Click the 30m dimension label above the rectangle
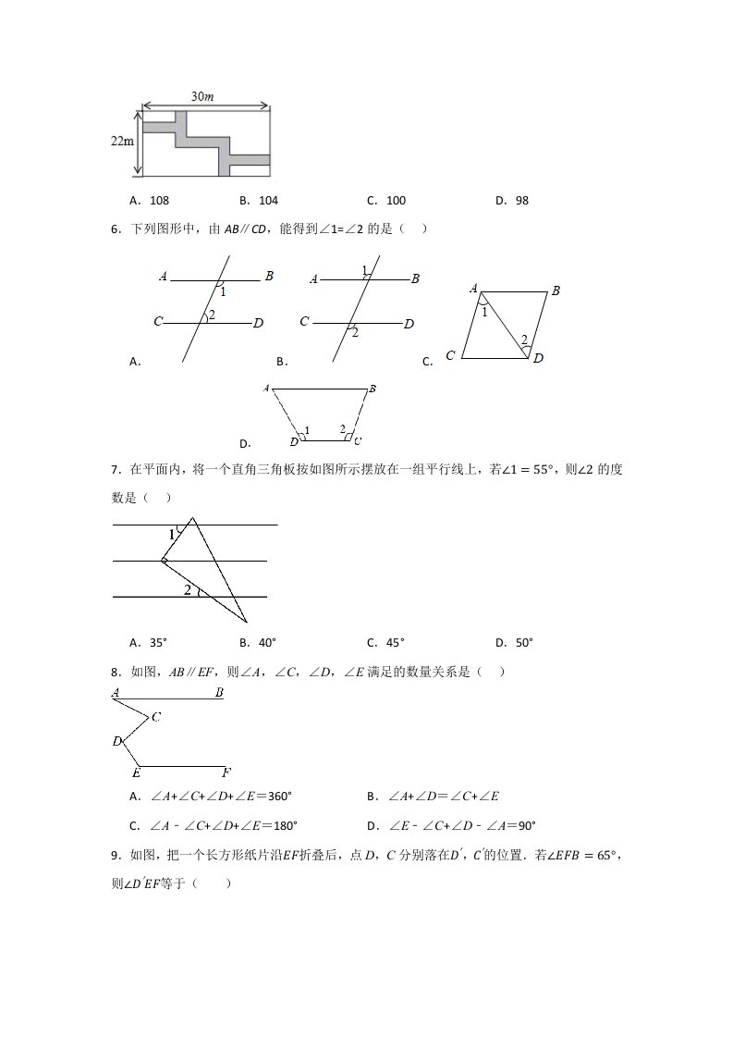click(204, 96)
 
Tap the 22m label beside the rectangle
click(122, 141)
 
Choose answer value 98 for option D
click(522, 200)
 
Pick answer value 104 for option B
click(268, 200)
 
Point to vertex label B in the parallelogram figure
click(556, 291)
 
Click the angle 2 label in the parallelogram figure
click(523, 340)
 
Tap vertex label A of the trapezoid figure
click(266, 389)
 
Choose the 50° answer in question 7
click(523, 642)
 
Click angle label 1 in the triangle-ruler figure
click(172, 535)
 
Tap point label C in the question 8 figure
click(156, 717)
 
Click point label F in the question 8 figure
click(226, 772)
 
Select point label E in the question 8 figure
click(136, 772)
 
